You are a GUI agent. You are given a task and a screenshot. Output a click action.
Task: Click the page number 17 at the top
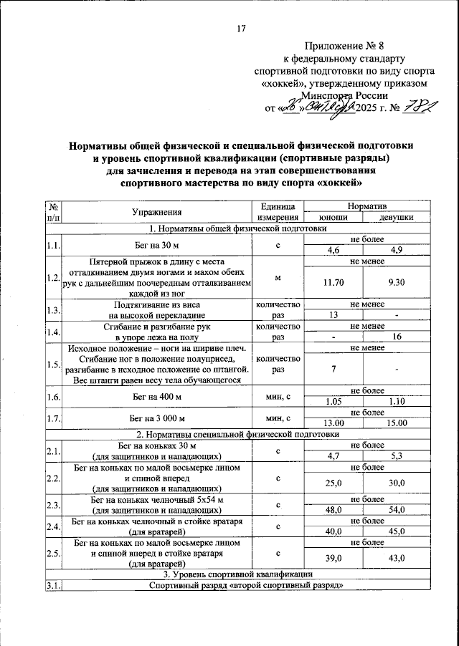click(241, 29)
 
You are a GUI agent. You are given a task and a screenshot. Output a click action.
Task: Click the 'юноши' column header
click(334, 218)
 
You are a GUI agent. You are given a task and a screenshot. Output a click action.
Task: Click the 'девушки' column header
click(388, 218)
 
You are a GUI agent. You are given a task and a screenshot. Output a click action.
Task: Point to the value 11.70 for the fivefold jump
click(334, 282)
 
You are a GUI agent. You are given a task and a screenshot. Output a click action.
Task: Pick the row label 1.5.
click(52, 365)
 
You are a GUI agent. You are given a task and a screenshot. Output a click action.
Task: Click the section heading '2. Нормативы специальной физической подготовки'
click(237, 434)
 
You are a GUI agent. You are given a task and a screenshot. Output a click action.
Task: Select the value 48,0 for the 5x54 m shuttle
click(333, 511)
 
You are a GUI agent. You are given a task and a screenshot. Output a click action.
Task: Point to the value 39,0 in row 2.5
click(333, 558)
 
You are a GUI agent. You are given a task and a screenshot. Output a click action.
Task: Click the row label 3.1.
click(52, 586)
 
